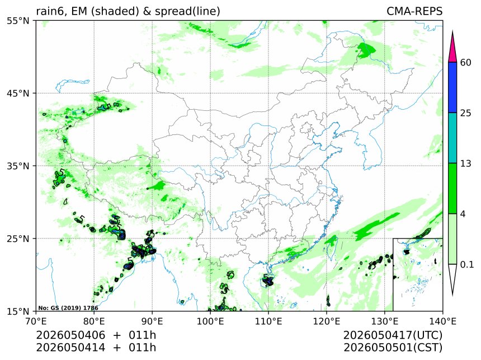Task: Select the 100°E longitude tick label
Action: point(210,321)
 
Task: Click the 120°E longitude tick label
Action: point(327,321)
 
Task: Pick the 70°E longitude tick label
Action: point(36,321)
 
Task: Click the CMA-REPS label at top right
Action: point(414,11)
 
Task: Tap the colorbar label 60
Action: point(465,63)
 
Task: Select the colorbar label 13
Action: point(465,163)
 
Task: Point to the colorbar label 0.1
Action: point(467,264)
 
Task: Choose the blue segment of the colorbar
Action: point(452,87)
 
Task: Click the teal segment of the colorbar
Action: point(452,138)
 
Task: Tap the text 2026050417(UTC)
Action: point(393,335)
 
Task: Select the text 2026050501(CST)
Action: point(393,348)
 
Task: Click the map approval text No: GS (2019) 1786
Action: point(68,308)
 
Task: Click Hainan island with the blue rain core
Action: point(268,280)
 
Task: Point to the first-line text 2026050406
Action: point(70,335)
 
